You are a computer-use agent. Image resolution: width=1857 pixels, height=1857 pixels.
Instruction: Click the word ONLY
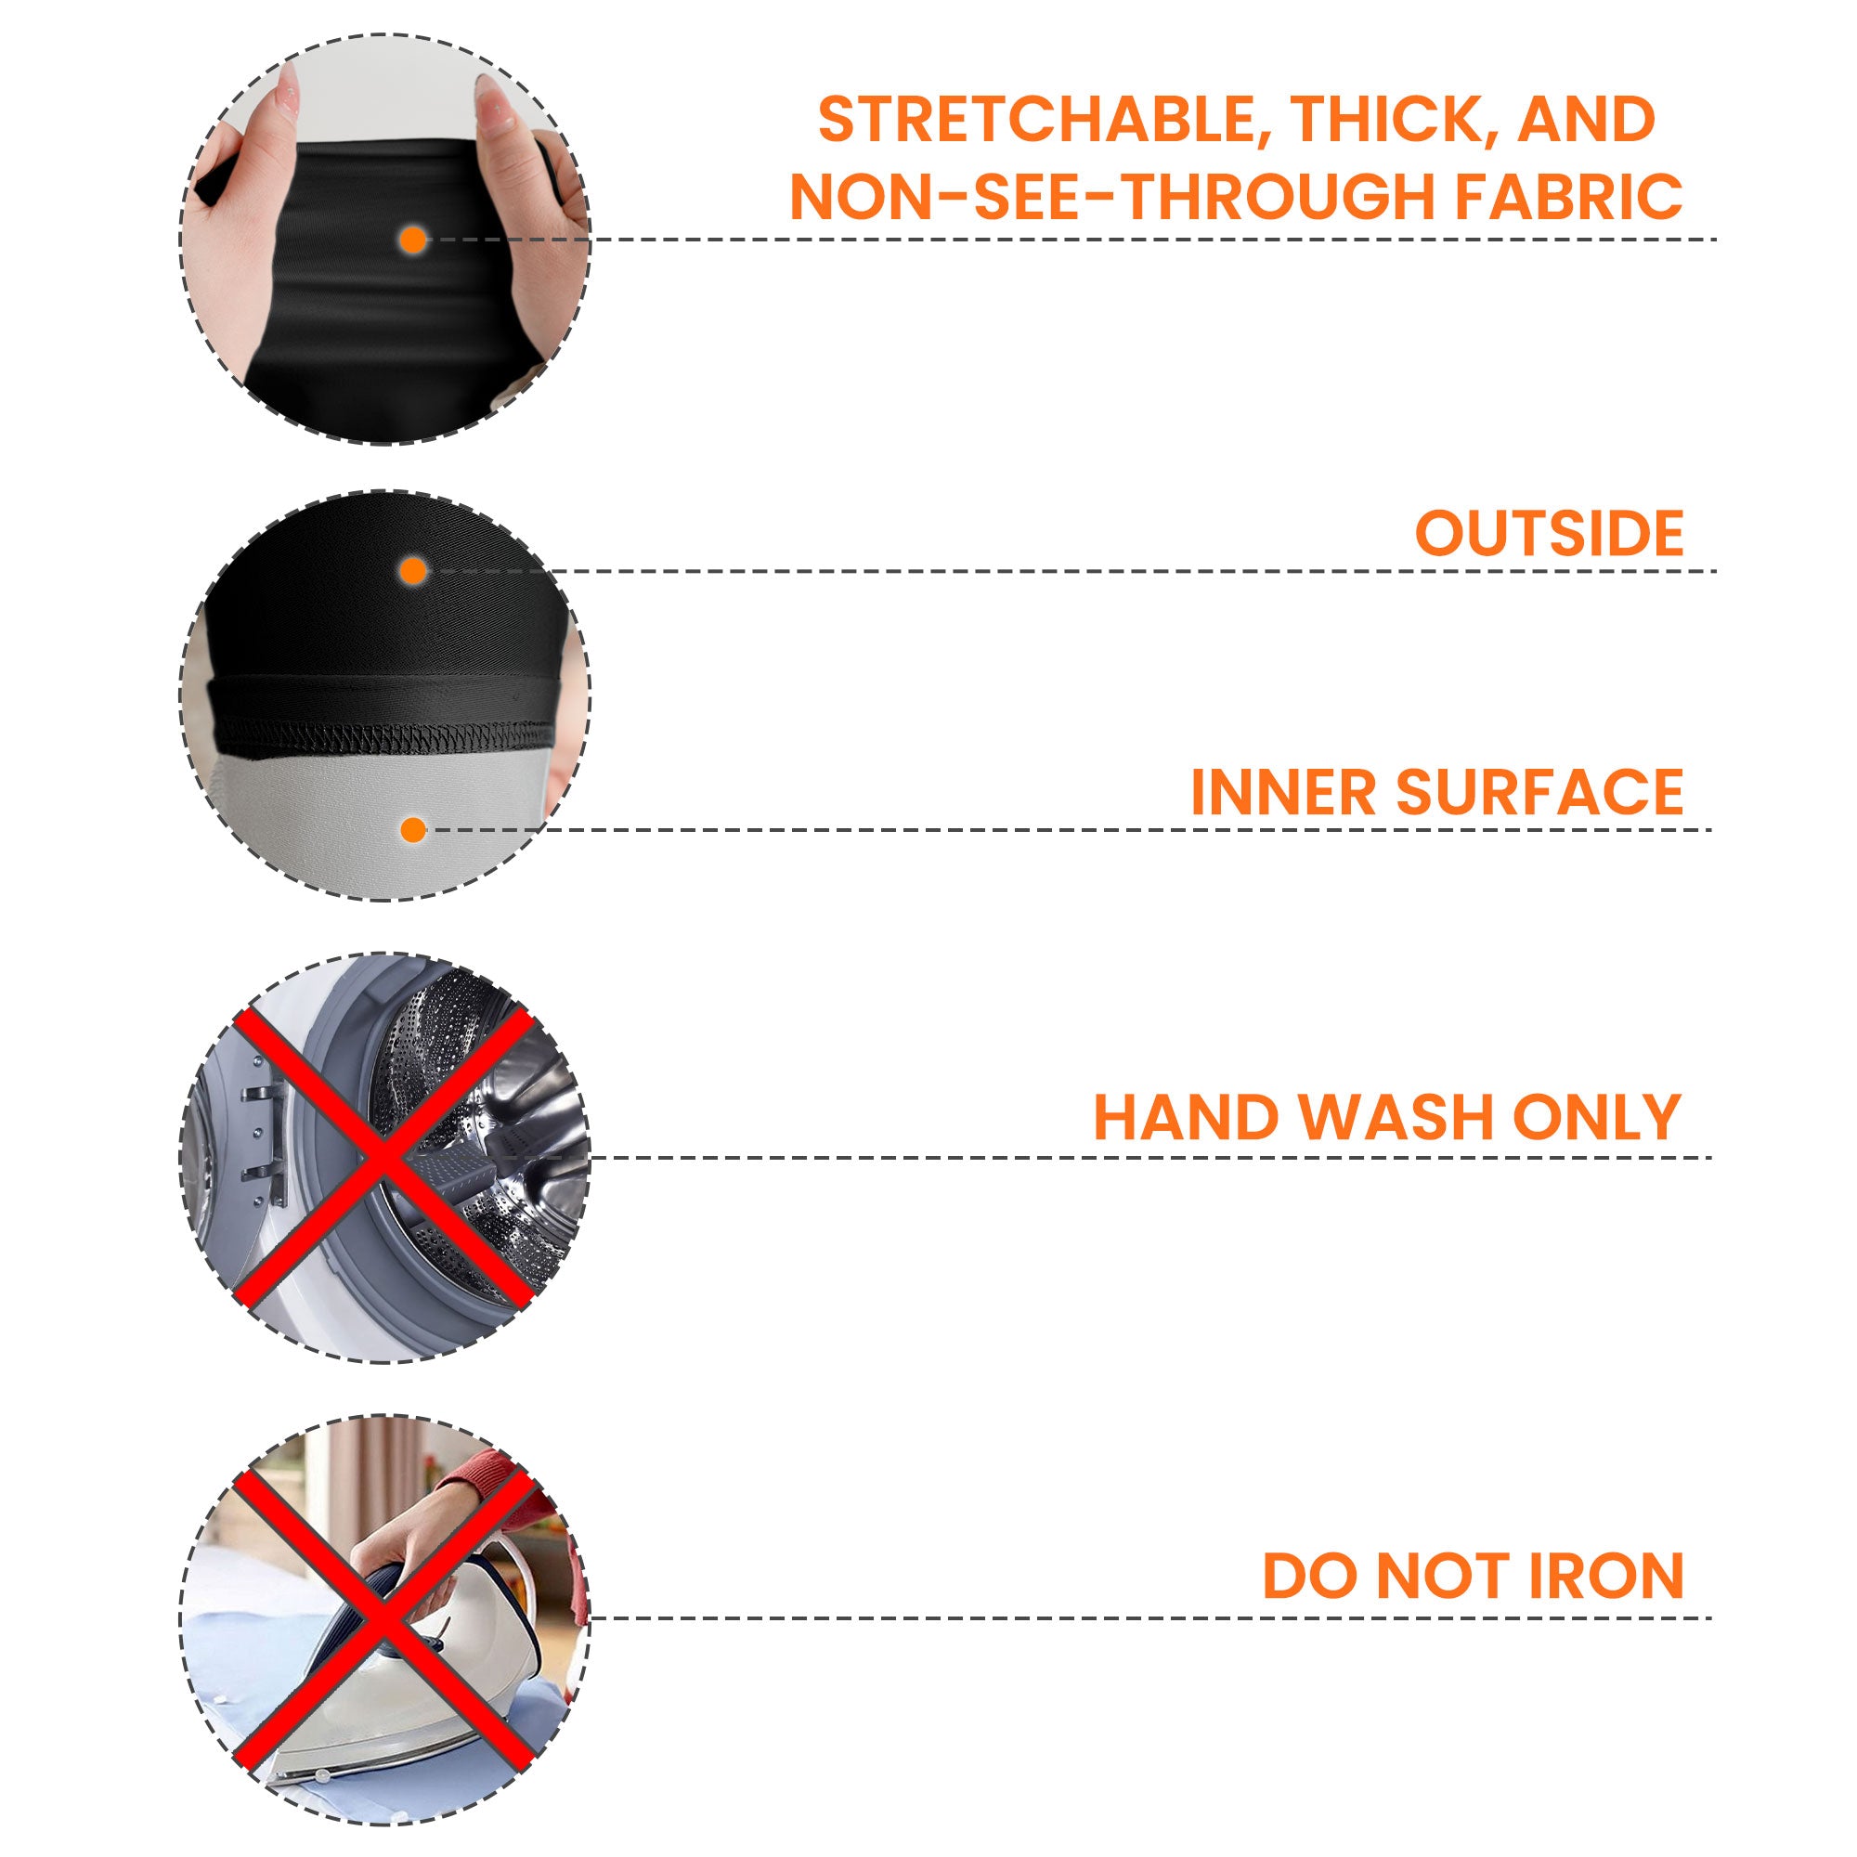click(x=1596, y=1117)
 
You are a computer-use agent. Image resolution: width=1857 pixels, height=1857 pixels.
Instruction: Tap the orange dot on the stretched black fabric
click(x=413, y=240)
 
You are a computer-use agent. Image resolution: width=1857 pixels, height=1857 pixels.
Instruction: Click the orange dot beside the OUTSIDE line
click(x=413, y=571)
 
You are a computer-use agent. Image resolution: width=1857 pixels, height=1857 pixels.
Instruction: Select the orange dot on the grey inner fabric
click(x=413, y=829)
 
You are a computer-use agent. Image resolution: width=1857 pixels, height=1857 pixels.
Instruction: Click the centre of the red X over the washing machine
click(x=384, y=1157)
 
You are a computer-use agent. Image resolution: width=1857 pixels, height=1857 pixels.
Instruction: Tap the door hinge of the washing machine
click(x=270, y=1143)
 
